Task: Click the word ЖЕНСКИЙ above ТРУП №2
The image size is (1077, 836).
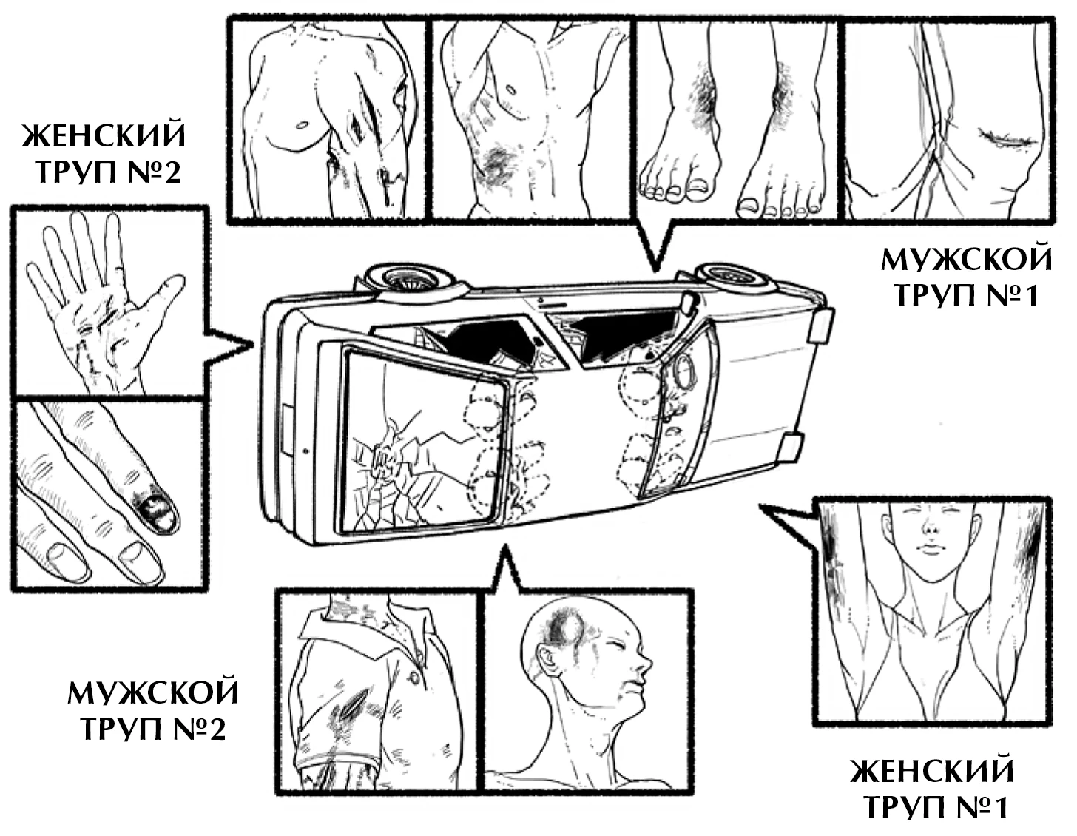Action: (x=104, y=138)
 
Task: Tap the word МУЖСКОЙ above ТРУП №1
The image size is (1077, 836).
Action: (x=966, y=260)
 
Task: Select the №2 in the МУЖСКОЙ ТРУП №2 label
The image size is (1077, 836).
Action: (x=196, y=729)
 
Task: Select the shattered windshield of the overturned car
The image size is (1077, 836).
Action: (x=422, y=444)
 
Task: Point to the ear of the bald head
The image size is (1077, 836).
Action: (x=548, y=658)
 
